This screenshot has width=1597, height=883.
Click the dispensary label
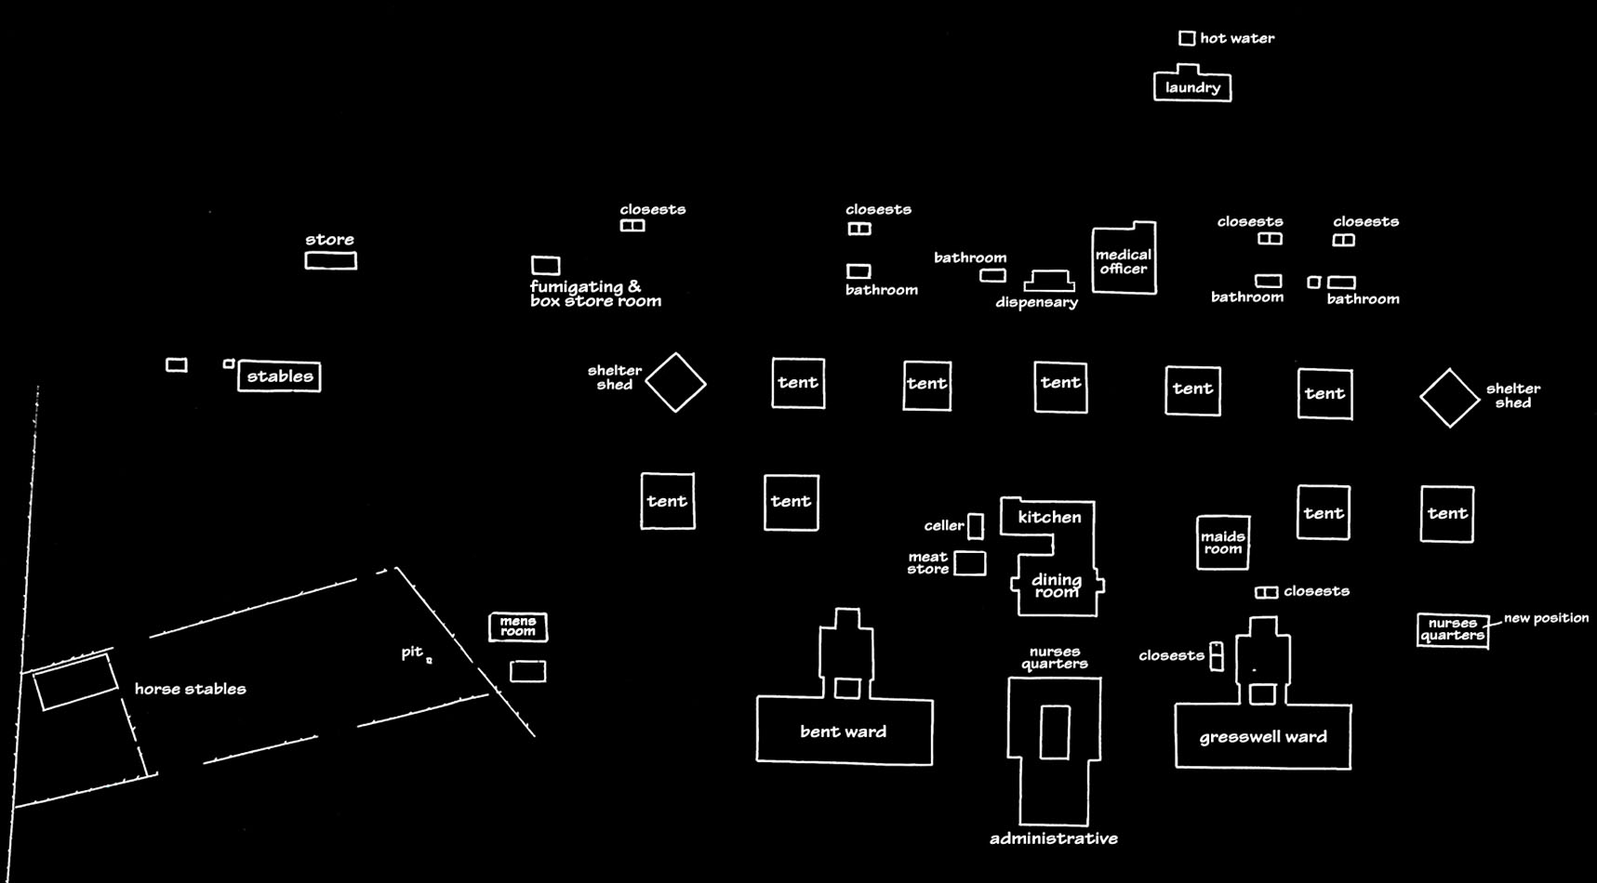(x=1036, y=302)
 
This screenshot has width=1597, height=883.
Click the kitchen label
(x=1049, y=518)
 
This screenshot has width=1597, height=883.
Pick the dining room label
(x=1057, y=586)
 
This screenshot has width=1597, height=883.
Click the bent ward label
(x=843, y=731)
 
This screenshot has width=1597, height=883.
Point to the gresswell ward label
(x=1263, y=737)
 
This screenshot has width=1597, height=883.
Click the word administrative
(x=1054, y=838)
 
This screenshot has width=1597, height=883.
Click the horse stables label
(x=191, y=689)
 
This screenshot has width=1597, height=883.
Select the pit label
(x=412, y=652)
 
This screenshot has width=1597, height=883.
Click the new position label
(x=1546, y=618)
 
